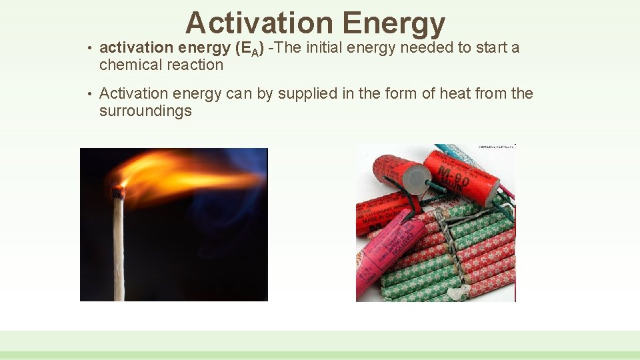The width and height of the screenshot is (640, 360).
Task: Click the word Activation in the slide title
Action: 259,23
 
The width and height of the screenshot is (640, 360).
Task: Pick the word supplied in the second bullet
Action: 307,93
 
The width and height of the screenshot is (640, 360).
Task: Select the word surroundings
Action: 145,111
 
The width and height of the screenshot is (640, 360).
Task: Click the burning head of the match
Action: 118,191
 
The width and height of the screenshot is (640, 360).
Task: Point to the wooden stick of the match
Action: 118,253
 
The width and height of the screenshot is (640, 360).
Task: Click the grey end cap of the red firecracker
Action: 418,175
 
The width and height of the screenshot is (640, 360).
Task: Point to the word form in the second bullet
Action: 387,93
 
